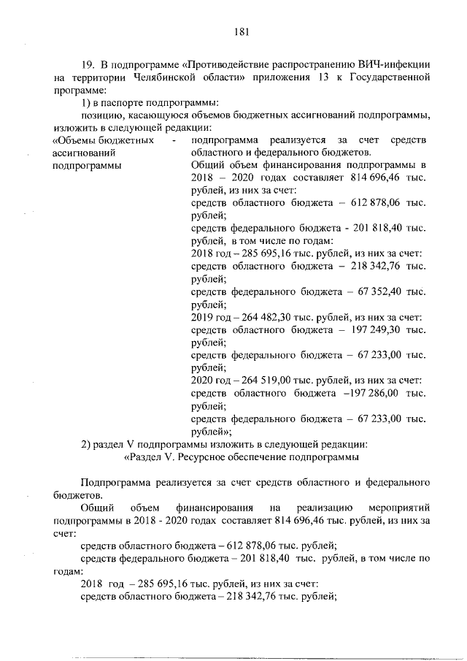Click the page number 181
coord(242,31)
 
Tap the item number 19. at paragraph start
coord(88,64)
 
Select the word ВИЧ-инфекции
coord(398,64)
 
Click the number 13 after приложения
coord(322,77)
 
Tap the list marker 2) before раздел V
coord(85,444)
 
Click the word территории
coord(95,77)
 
